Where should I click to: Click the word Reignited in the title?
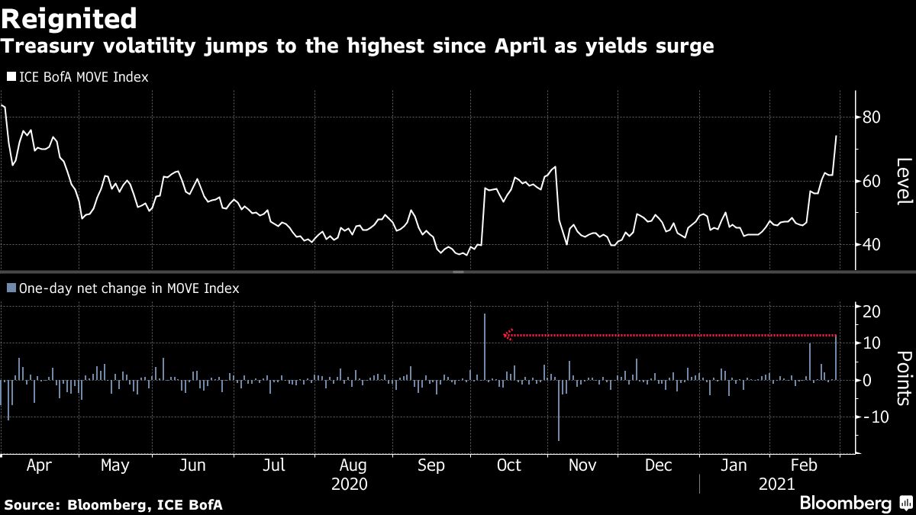[69, 18]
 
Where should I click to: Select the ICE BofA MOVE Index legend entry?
[77, 76]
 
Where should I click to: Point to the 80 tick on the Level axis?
[872, 117]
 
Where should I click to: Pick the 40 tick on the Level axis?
[872, 245]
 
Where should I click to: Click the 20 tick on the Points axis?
[872, 312]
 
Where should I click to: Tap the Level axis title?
[904, 181]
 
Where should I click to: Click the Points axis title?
[904, 378]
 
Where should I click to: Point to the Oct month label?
[508, 465]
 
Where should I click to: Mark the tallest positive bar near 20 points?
[484, 346]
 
